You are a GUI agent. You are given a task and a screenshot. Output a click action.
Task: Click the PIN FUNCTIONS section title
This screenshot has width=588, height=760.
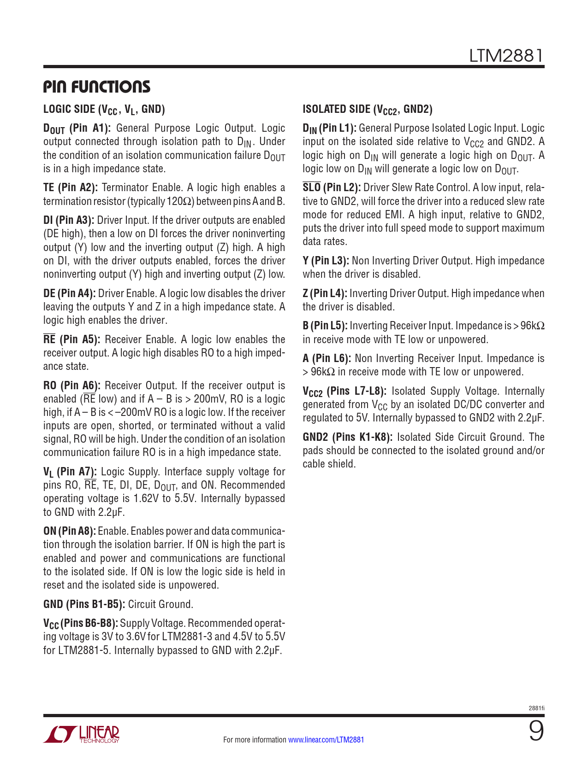97,87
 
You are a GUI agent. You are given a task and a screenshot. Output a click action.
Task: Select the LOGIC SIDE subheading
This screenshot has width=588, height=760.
104,109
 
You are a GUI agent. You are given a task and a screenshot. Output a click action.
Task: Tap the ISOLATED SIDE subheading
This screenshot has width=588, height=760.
368,109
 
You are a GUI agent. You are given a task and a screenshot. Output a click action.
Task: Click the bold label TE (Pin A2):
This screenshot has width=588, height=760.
71,187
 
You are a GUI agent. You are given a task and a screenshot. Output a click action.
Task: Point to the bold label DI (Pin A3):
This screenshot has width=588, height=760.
69,220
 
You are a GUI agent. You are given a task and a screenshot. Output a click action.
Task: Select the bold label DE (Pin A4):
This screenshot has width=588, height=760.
70,293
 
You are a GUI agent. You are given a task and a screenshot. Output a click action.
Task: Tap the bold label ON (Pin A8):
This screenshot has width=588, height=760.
70,531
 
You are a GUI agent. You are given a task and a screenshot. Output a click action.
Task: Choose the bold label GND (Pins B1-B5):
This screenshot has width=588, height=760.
84,604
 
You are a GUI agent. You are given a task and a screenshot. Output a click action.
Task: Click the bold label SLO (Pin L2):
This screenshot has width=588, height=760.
332,187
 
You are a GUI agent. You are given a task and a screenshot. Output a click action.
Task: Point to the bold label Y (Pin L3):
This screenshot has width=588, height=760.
326,261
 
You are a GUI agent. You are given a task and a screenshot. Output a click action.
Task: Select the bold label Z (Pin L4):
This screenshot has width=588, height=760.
325,293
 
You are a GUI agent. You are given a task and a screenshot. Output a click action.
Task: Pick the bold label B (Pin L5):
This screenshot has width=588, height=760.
325,326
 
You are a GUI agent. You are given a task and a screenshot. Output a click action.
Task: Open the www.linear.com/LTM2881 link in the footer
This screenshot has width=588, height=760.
326,740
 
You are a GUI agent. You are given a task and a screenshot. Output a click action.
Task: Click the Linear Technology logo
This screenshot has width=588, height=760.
82,734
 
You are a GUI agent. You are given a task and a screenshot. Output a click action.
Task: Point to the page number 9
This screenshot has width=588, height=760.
536,732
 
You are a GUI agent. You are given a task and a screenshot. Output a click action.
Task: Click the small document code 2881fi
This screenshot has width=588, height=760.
536,708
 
